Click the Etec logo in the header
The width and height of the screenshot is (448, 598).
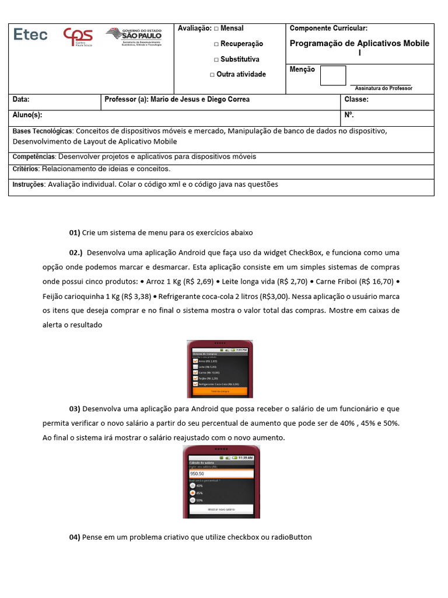30,35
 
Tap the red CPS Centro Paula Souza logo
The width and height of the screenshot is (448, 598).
77,39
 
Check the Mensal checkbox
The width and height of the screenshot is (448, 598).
216,29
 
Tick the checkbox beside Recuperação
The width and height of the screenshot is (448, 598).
216,44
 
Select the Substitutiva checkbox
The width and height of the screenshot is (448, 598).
216,60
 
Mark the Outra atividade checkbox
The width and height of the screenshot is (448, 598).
212,75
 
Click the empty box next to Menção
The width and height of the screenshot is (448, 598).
332,75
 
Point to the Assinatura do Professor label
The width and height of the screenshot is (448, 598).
383,88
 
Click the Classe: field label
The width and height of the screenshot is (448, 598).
356,100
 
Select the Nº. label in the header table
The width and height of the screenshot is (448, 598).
349,115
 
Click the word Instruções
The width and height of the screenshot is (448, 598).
29,185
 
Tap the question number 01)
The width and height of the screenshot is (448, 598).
75,232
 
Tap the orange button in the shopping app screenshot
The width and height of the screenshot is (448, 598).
220,391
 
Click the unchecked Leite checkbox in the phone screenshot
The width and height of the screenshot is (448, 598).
195,367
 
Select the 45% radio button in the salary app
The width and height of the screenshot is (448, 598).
193,493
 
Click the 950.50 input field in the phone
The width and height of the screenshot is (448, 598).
221,474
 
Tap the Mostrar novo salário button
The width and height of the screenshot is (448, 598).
221,510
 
